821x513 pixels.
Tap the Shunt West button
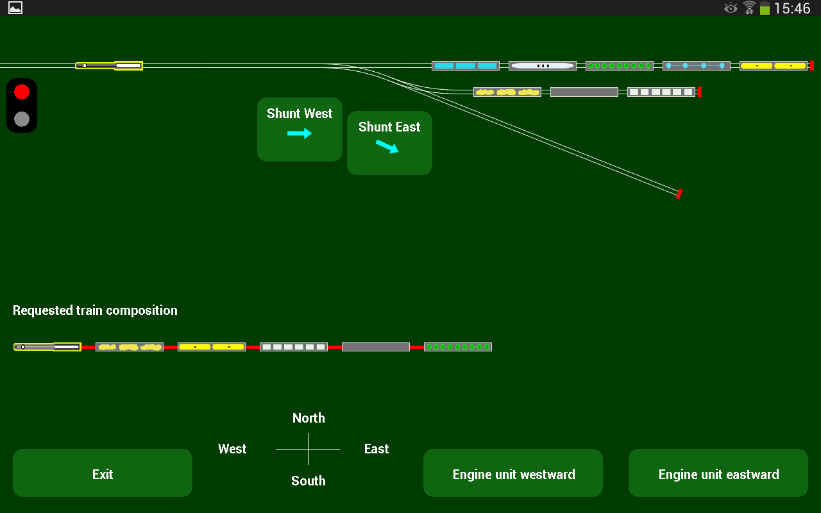[300, 129]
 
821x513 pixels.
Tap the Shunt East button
[389, 142]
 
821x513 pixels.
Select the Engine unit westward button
[513, 473]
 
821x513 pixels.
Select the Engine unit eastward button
[718, 473]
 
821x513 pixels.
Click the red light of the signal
[22, 92]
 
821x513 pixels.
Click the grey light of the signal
[22, 119]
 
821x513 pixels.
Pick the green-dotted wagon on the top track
[620, 65]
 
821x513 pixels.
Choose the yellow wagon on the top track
[774, 65]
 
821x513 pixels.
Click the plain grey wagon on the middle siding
[584, 92]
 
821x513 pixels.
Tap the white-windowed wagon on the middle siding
[661, 92]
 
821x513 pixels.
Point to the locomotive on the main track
[109, 65]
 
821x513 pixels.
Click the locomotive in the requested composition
[47, 347]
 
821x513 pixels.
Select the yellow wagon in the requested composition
[212, 347]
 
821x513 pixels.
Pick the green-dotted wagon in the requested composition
[458, 347]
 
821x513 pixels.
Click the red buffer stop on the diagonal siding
[679, 194]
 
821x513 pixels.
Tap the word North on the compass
[309, 418]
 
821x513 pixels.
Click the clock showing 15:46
[792, 8]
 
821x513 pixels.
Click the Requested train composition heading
[95, 310]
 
